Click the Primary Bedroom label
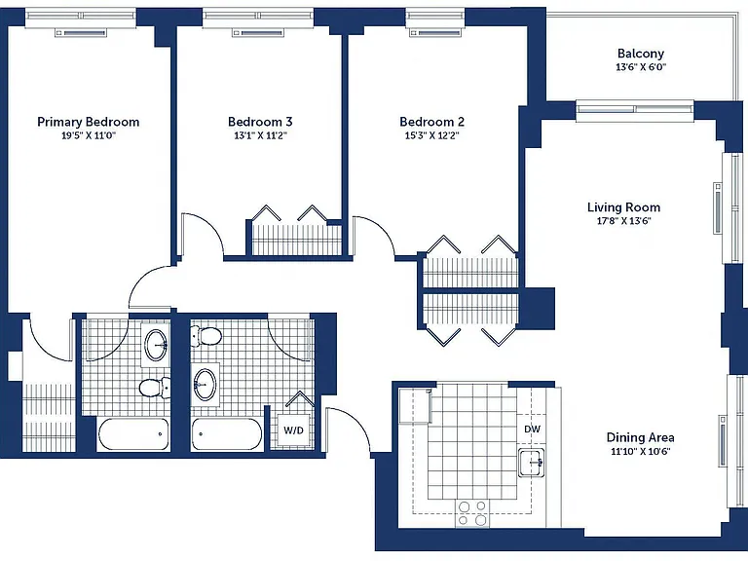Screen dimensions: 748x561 click(x=89, y=122)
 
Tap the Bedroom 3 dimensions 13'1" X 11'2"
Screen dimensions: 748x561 click(x=260, y=135)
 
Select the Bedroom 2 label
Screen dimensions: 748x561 click(x=432, y=122)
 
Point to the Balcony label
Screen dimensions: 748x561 click(x=641, y=54)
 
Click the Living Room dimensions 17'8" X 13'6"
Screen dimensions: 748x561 click(x=624, y=221)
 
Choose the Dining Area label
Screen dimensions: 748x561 click(x=640, y=437)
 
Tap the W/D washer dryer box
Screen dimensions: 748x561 click(x=293, y=430)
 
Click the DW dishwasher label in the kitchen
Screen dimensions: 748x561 click(x=533, y=429)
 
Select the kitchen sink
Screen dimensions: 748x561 click(x=532, y=462)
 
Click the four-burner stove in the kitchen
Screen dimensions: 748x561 click(x=472, y=513)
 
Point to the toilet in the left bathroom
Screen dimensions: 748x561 click(x=155, y=388)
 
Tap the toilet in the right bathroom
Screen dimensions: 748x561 click(x=206, y=337)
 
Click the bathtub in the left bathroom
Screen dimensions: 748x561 click(x=133, y=434)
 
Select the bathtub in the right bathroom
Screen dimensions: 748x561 click(x=227, y=434)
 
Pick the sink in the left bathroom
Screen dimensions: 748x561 click(x=156, y=345)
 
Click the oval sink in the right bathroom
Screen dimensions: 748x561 click(x=206, y=384)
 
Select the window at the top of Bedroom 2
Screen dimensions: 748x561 click(x=434, y=20)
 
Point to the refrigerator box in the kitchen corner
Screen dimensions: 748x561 click(x=415, y=406)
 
